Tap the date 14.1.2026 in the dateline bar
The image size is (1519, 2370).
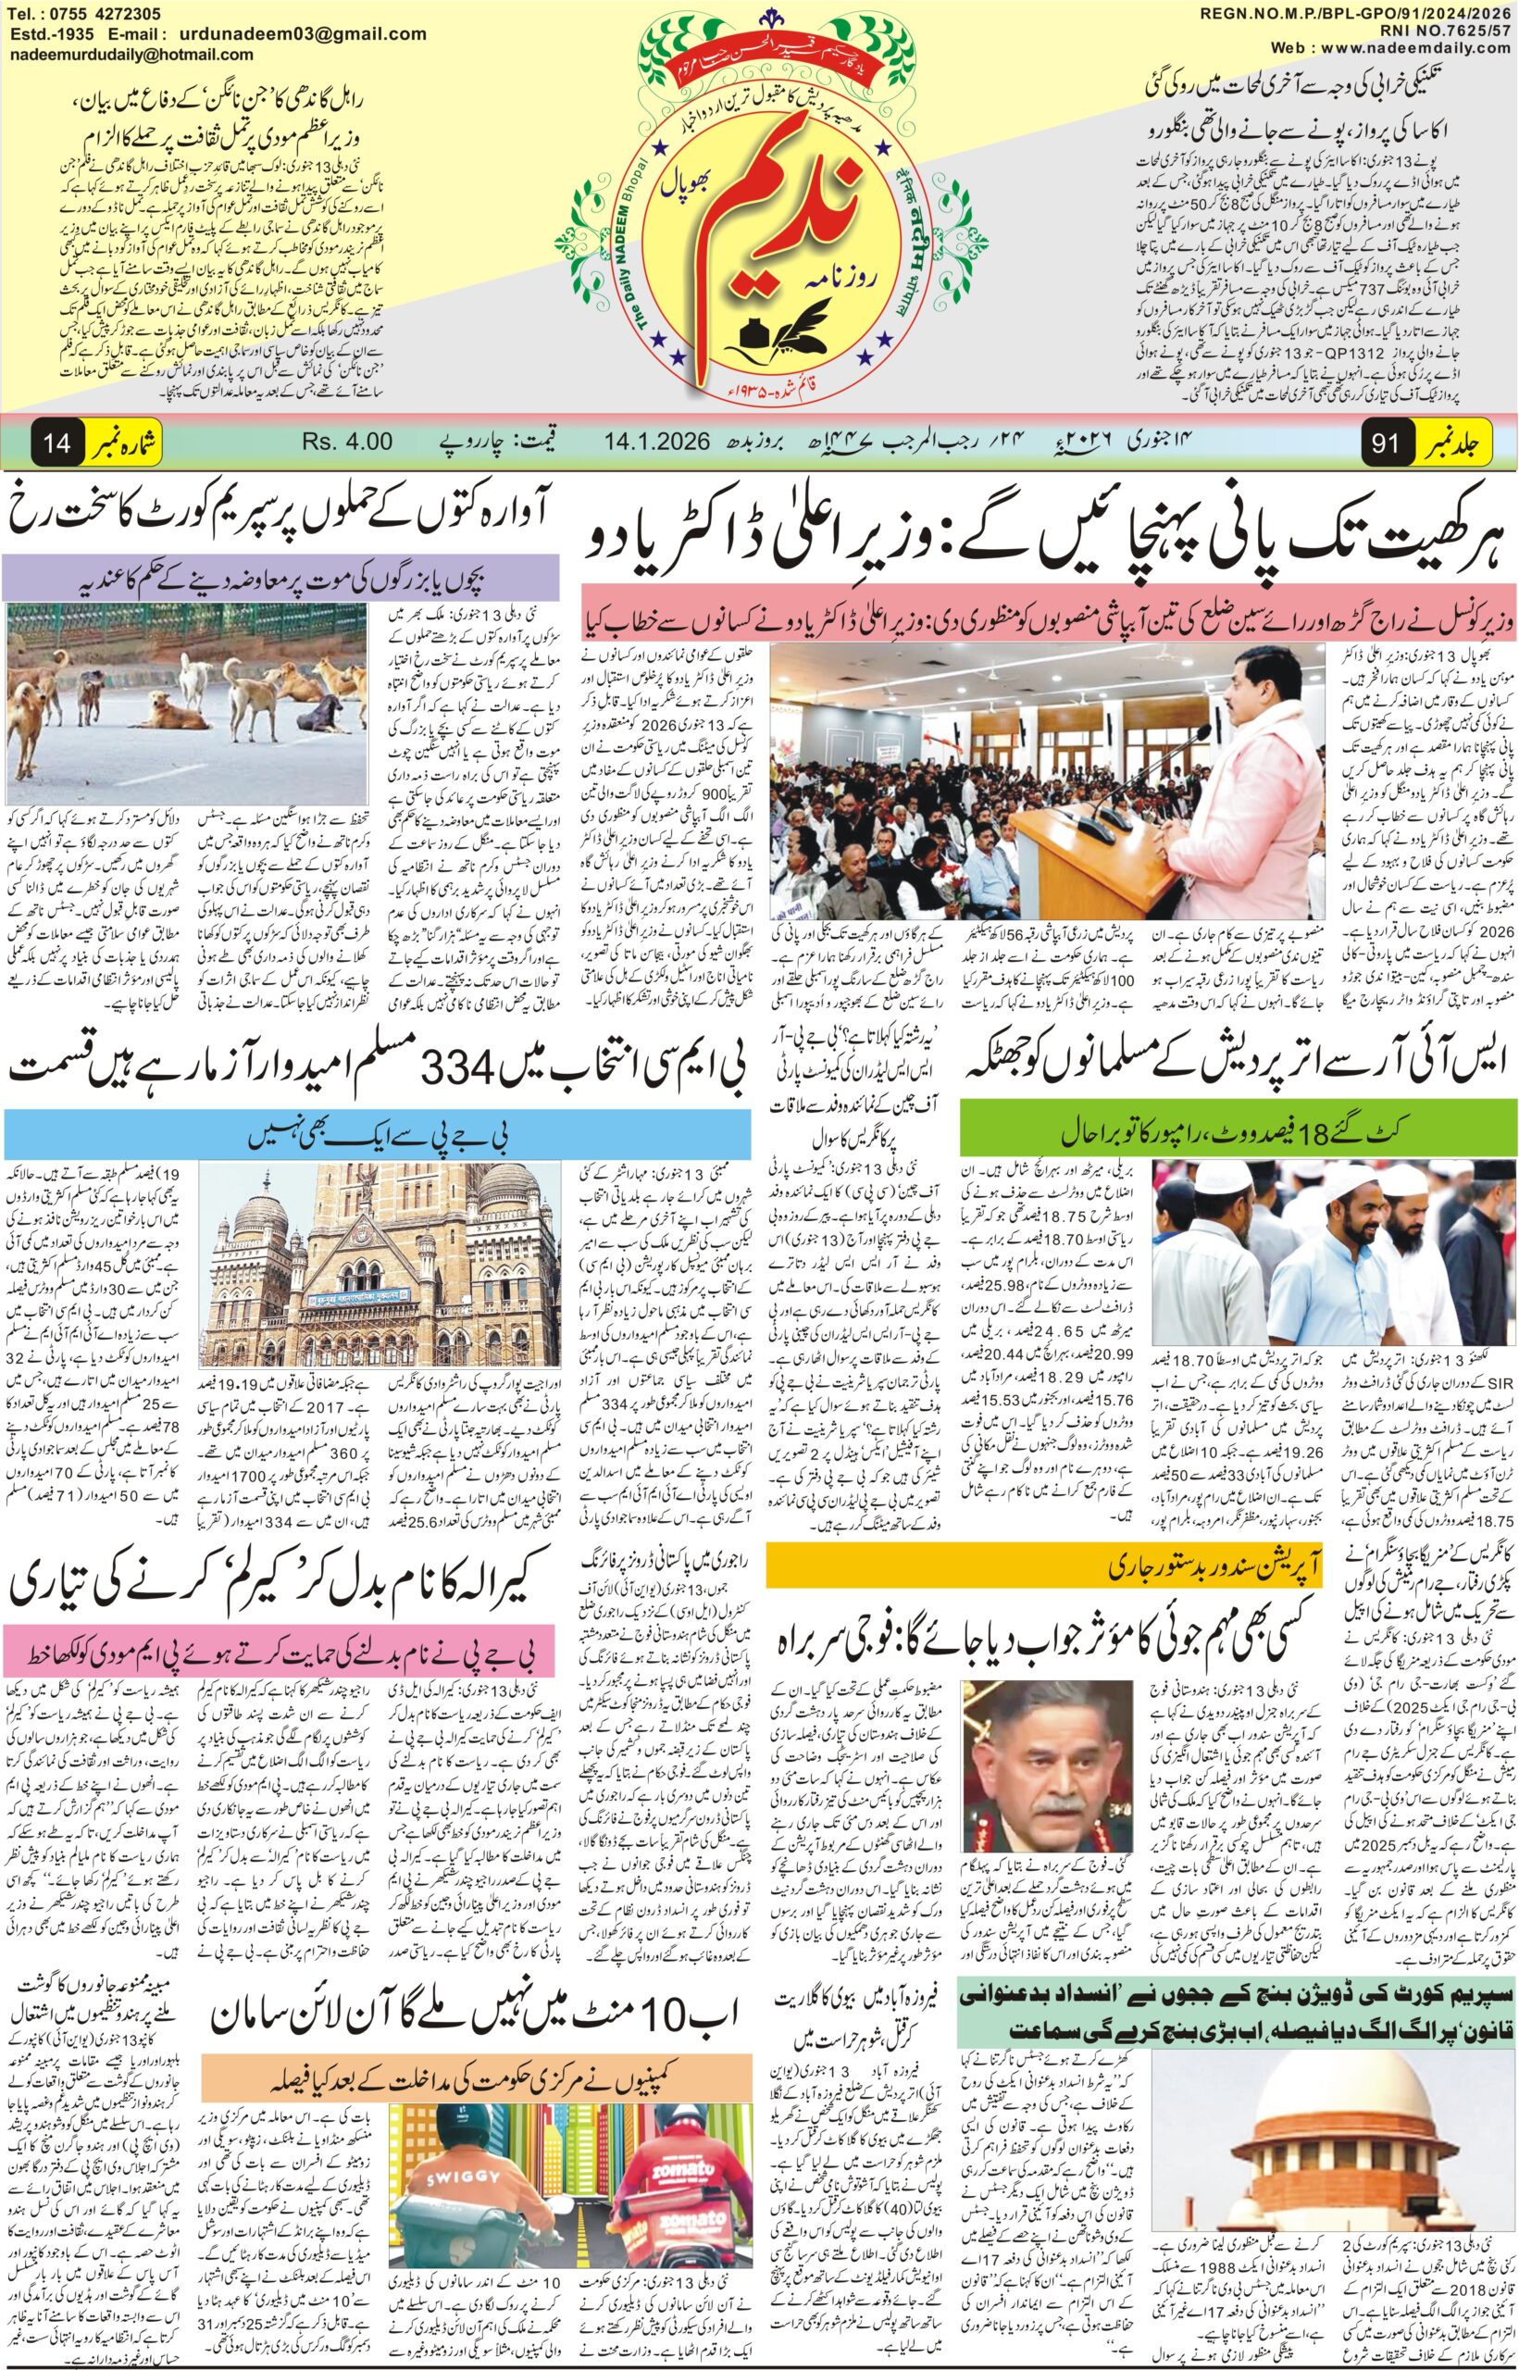click(x=658, y=441)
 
